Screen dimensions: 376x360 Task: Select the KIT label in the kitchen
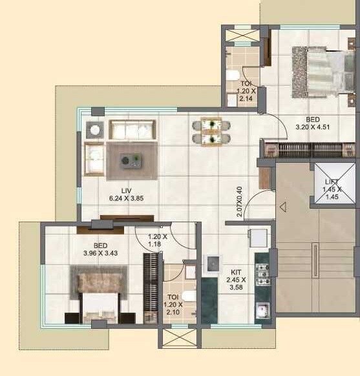pyautogui.click(x=234, y=272)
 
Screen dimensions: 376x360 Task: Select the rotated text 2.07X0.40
pyautogui.click(x=240, y=202)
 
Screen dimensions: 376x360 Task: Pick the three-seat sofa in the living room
pyautogui.click(x=132, y=129)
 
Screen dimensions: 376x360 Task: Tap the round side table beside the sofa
pyautogui.click(x=95, y=129)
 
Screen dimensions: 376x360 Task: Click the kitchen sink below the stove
pyautogui.click(x=262, y=311)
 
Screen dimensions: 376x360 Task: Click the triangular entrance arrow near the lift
pyautogui.click(x=282, y=207)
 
